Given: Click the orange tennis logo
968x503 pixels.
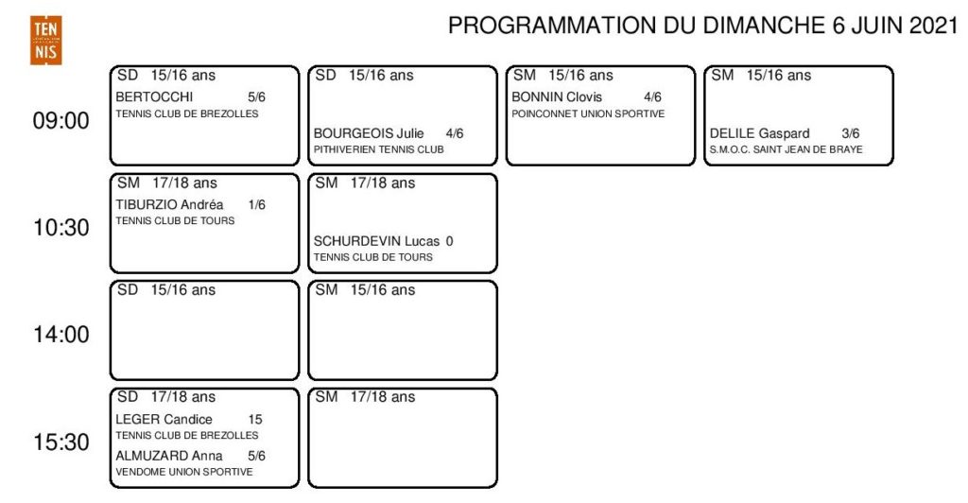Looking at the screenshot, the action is [x=45, y=40].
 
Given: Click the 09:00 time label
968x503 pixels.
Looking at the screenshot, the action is [x=61, y=120].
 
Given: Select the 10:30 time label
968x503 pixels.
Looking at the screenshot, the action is [x=61, y=228].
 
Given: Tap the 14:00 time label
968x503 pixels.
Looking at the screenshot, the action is [x=61, y=335].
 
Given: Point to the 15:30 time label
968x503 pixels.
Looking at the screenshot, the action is [x=61, y=442].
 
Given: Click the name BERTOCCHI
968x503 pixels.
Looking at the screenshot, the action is [x=154, y=96].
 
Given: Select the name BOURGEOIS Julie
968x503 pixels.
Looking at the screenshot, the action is [x=369, y=133].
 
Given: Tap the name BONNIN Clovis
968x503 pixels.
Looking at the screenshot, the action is [x=557, y=96].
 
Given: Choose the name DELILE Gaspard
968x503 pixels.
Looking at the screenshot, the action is [x=759, y=133].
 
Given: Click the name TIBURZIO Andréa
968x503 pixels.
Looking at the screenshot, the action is [x=169, y=205].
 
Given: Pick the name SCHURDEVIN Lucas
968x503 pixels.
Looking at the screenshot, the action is [x=376, y=241].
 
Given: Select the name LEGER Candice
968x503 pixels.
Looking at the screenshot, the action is [x=164, y=420].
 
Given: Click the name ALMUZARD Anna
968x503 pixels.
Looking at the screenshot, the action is [x=169, y=456].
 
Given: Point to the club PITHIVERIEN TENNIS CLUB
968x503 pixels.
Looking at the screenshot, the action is [x=378, y=149].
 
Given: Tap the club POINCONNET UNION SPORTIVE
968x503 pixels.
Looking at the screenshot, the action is [x=588, y=113].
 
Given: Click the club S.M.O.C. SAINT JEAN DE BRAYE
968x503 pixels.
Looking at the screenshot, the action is [x=786, y=149].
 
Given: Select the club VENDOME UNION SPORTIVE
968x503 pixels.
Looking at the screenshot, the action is [x=184, y=472].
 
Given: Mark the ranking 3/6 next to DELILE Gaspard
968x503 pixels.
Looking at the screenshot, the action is [x=850, y=133].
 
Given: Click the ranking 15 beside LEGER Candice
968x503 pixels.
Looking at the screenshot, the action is [x=255, y=420].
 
